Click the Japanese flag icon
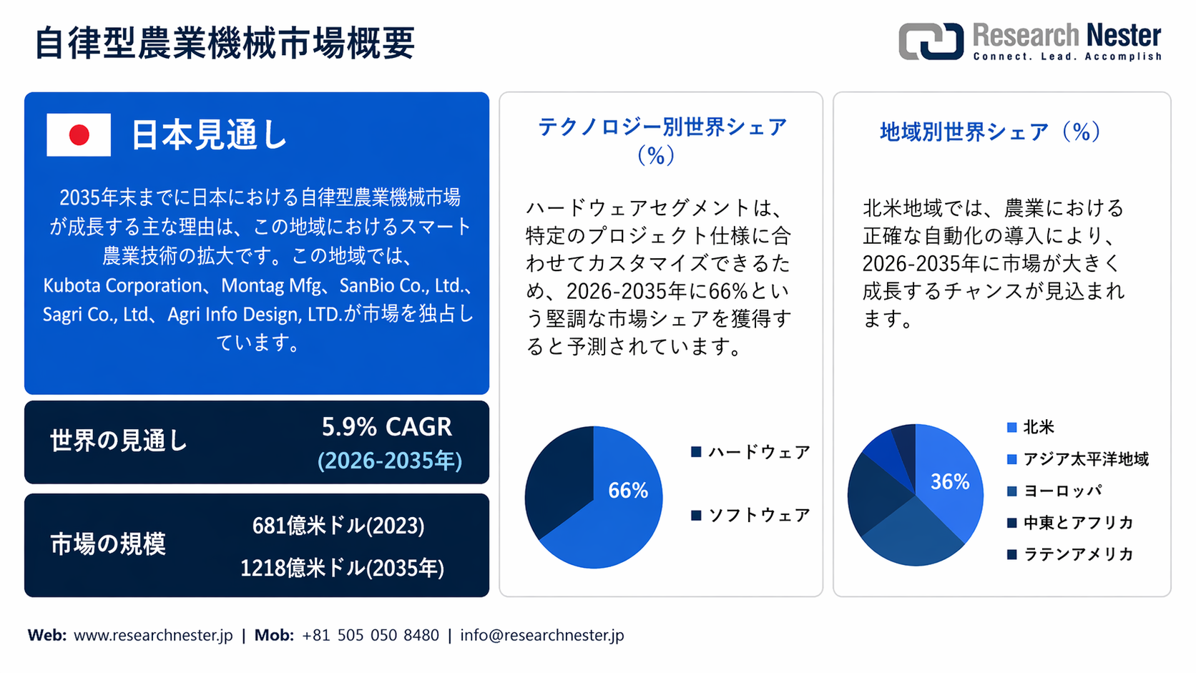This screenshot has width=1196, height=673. (x=79, y=135)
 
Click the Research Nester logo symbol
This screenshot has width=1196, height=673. (x=931, y=41)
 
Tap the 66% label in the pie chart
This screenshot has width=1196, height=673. (x=627, y=491)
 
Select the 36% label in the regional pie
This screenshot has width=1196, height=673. (x=949, y=482)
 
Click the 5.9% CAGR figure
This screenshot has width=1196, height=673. (x=386, y=427)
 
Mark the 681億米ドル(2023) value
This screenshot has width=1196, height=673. (x=338, y=526)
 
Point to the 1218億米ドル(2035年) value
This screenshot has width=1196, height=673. (x=342, y=569)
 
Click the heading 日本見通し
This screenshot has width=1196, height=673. (x=209, y=135)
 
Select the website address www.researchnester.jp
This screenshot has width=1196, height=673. (x=153, y=635)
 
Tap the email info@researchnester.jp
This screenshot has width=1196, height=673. (x=541, y=635)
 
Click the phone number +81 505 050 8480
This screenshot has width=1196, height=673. (x=370, y=635)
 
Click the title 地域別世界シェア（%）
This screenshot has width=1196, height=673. (x=990, y=132)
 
